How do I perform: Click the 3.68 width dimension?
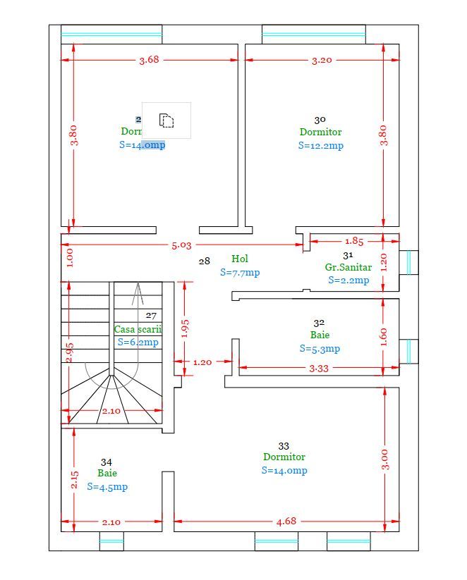(149, 60)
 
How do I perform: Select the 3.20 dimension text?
(322, 60)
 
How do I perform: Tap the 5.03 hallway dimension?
(181, 245)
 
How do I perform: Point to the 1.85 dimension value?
(354, 241)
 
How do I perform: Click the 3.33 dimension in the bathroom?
(320, 368)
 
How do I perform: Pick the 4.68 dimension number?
(286, 522)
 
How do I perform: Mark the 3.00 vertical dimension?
(384, 459)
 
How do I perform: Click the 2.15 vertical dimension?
(75, 481)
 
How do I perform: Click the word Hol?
(240, 259)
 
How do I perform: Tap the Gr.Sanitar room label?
(348, 268)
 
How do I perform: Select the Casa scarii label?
(138, 329)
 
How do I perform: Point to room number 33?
(284, 446)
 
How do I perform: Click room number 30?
(320, 121)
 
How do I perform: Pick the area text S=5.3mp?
(320, 349)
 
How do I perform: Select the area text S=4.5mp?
(107, 487)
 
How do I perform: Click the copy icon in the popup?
(166, 121)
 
